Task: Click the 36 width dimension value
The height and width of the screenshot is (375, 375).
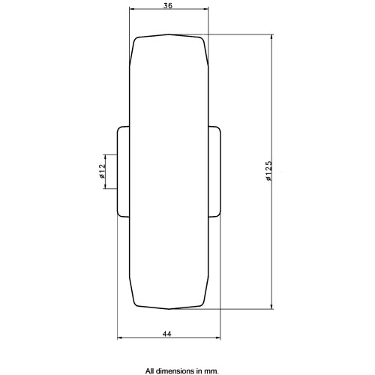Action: pyautogui.click(x=168, y=5)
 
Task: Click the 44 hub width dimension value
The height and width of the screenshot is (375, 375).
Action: pyautogui.click(x=167, y=334)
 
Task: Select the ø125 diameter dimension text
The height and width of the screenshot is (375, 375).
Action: pyautogui.click(x=268, y=171)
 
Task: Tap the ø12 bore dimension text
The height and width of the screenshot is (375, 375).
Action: pyautogui.click(x=102, y=171)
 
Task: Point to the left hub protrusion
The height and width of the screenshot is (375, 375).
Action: pyautogui.click(x=123, y=172)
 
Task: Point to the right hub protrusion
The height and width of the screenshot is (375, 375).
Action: pyautogui.click(x=214, y=172)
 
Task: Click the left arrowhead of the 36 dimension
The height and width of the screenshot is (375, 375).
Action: pyautogui.click(x=132, y=9)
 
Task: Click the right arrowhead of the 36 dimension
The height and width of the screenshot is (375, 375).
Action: pyautogui.click(x=205, y=9)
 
